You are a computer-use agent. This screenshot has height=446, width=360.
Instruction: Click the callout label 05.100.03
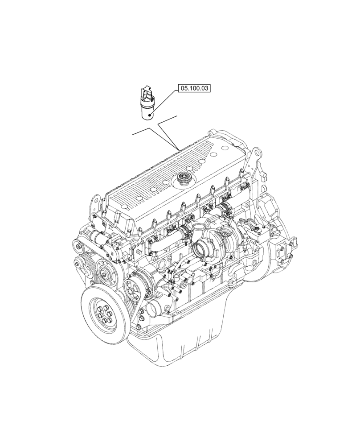[x=194, y=89]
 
